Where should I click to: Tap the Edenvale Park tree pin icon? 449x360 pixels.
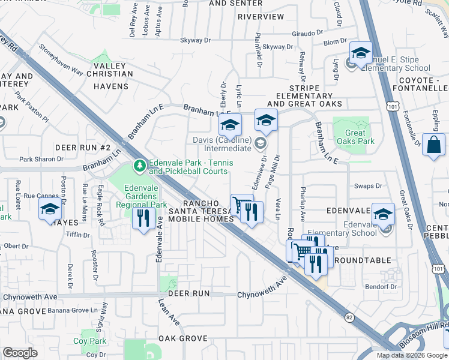tap(139, 164)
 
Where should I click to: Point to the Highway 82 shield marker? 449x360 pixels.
tap(349, 317)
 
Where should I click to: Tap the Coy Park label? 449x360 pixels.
tap(89, 341)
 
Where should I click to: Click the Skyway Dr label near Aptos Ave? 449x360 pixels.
tap(196, 40)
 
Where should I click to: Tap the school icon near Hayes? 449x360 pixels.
tap(50, 210)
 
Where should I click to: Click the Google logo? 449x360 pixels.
tap(20, 353)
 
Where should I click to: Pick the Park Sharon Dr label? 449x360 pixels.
tap(41, 159)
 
